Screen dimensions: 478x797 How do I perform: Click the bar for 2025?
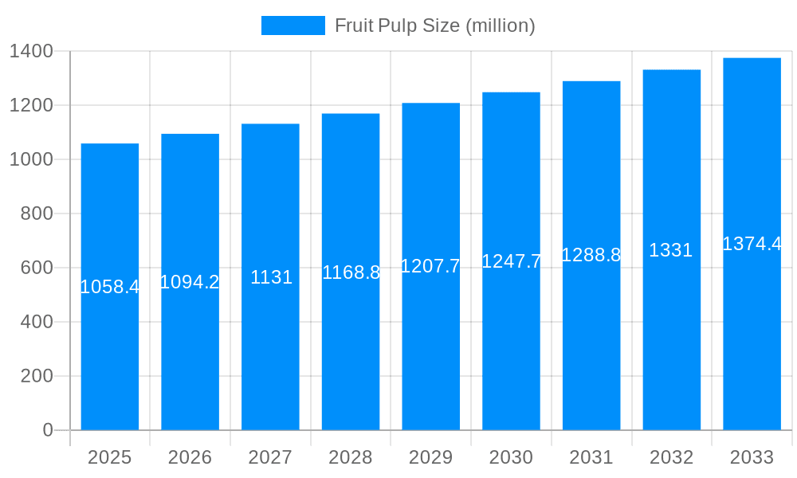click(110, 358)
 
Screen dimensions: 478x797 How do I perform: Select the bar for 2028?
click(351, 358)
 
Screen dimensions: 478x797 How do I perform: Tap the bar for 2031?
click(591, 358)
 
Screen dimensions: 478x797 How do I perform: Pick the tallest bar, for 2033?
click(752, 358)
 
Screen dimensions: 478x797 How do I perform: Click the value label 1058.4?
click(110, 287)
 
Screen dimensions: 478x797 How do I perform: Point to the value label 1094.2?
click(190, 282)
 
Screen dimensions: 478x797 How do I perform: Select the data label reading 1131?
click(271, 277)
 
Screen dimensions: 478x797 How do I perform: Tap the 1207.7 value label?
click(430, 266)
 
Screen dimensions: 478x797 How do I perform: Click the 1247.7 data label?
click(511, 261)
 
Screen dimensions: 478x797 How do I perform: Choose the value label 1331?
click(671, 250)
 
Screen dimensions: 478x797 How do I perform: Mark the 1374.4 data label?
click(752, 244)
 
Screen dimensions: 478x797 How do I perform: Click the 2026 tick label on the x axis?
click(190, 457)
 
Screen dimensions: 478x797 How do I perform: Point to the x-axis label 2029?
click(430, 457)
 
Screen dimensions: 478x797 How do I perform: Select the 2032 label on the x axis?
click(671, 457)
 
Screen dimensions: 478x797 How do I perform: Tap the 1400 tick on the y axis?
click(31, 52)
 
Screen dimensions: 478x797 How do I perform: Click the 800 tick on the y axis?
click(37, 214)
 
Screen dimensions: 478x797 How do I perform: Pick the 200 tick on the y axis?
click(37, 376)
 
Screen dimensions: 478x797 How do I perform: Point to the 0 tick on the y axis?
click(48, 430)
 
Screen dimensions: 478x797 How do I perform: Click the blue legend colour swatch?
click(292, 25)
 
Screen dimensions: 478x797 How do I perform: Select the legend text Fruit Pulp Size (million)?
click(434, 25)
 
